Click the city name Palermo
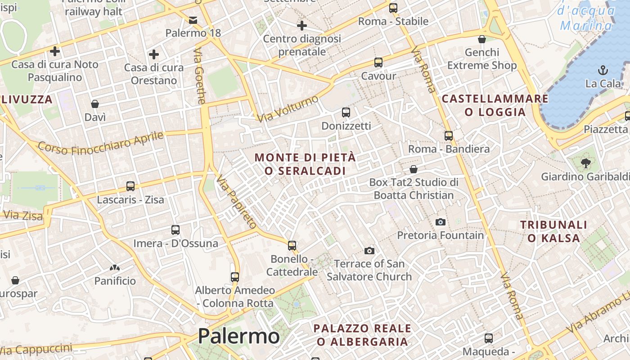[238, 336]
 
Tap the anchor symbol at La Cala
[603, 70]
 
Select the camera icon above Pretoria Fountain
[441, 222]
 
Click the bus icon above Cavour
[378, 63]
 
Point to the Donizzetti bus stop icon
[346, 112]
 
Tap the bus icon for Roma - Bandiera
[448, 135]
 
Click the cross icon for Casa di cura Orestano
[154, 55]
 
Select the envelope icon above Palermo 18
[193, 20]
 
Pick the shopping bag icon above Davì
[95, 104]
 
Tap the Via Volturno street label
[288, 108]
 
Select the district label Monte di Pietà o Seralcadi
[305, 164]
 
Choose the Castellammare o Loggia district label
[495, 105]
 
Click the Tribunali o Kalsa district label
[553, 231]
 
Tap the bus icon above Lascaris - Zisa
[130, 186]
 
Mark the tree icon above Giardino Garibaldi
[585, 163]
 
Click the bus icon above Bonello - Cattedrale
[292, 245]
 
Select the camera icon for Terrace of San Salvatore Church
[369, 250]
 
